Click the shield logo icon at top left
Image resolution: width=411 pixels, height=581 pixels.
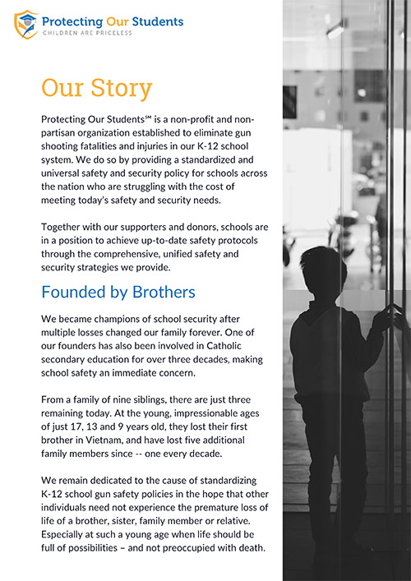26,24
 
